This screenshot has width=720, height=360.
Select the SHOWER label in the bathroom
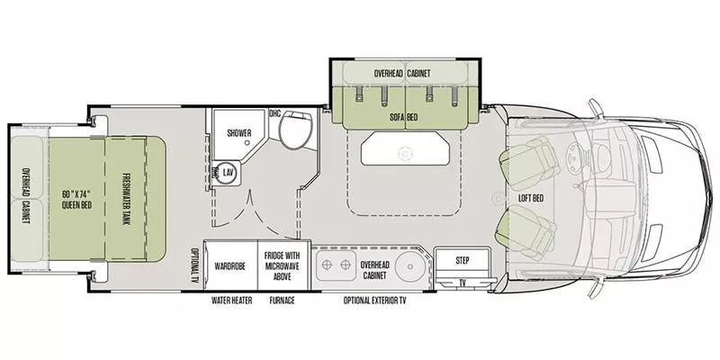[x=238, y=133]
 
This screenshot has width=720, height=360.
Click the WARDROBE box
[x=231, y=266]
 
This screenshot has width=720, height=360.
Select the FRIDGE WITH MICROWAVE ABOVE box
[x=283, y=266]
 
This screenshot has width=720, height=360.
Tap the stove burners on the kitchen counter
[x=335, y=266]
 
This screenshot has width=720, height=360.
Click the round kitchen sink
[x=407, y=266]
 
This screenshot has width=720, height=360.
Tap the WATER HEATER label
[x=231, y=301]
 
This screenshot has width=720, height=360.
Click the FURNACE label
[x=283, y=301]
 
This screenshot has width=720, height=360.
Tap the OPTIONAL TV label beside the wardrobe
[x=194, y=265]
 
